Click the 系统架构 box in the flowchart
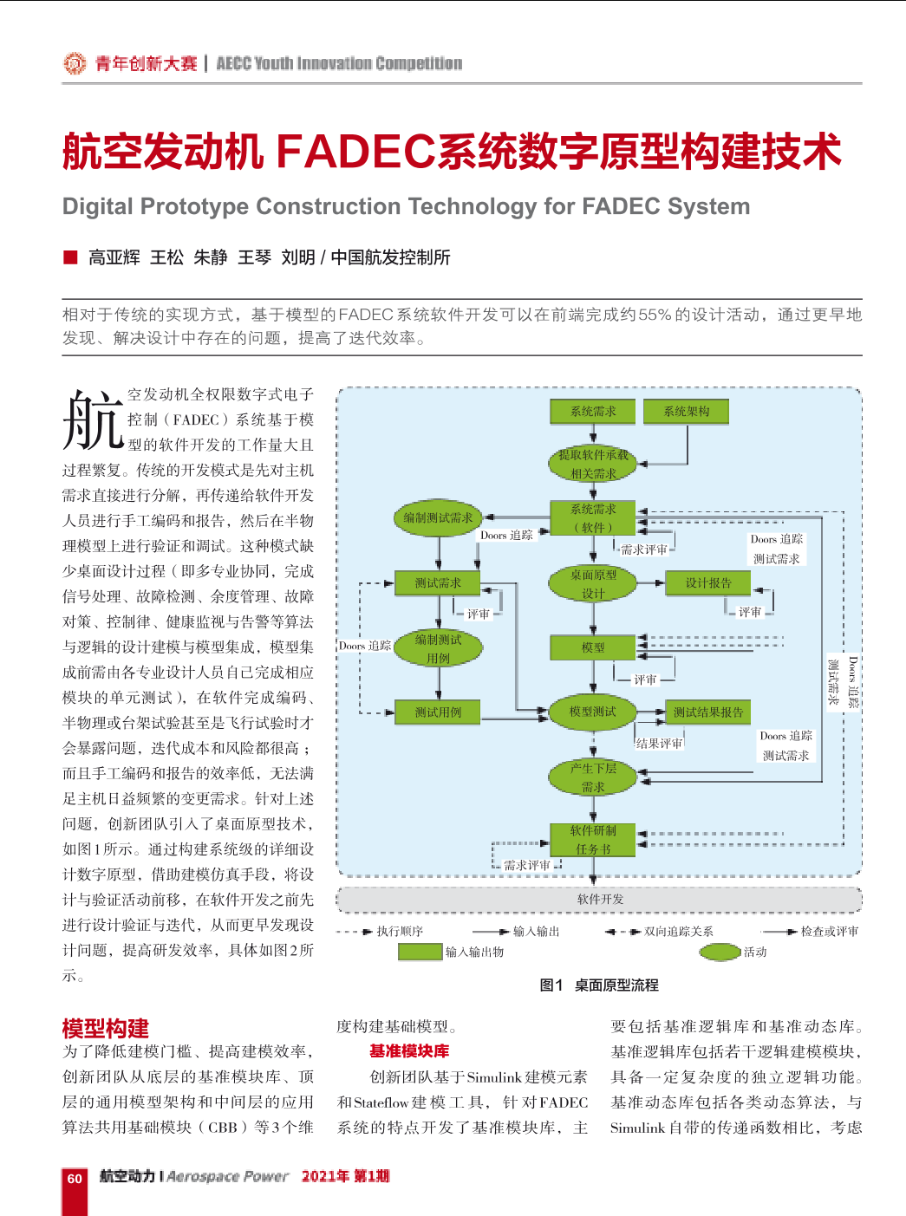[686, 411]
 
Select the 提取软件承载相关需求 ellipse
[593, 464]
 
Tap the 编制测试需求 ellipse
[438, 517]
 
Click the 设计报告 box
[708, 582]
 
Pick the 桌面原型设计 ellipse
[593, 584]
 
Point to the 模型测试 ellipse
[593, 712]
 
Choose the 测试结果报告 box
[708, 712]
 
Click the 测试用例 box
[437, 712]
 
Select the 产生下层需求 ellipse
[593, 777]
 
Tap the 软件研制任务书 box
[593, 839]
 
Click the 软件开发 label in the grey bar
[601, 899]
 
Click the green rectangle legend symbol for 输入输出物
[420, 952]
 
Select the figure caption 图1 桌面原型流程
[599, 985]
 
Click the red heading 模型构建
[105, 1029]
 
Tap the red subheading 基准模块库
[409, 1051]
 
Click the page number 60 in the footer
[74, 1179]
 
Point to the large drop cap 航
[93, 420]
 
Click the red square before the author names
[70, 257]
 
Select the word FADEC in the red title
[356, 151]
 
